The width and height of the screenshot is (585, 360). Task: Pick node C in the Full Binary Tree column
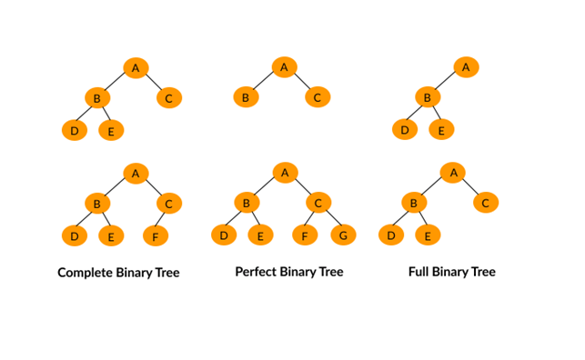[x=485, y=203]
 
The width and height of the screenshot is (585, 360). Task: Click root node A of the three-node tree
[x=284, y=66]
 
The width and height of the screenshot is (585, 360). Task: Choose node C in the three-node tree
[x=317, y=97]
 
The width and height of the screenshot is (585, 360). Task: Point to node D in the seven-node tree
[x=223, y=236]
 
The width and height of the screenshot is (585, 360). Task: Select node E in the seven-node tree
[x=260, y=236]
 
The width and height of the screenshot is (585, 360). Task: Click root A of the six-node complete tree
[x=135, y=173]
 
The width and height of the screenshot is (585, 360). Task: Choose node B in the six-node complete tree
[x=96, y=204]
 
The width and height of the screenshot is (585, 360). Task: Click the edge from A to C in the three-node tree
[x=300, y=82]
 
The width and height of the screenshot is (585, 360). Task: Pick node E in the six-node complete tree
[x=111, y=237]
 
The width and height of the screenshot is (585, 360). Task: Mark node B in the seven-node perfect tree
[x=245, y=203]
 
